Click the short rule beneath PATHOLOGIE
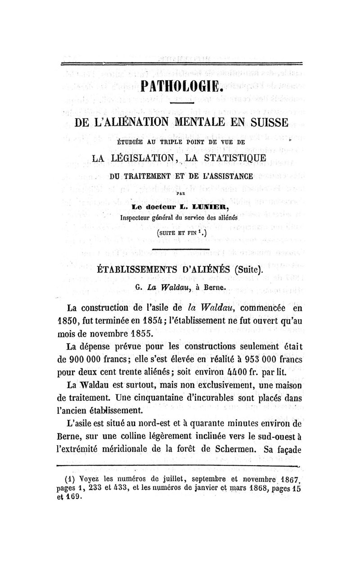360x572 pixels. tap(182, 103)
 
